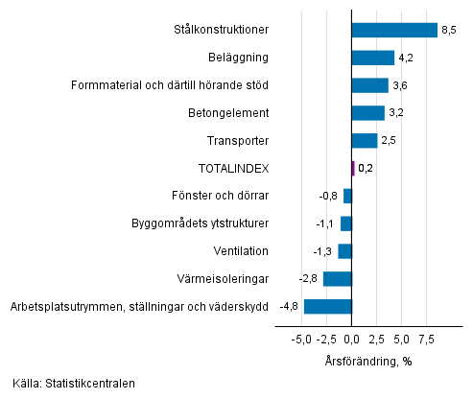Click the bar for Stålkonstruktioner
(x=394, y=30)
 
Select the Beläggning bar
(x=373, y=58)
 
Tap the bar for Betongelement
(x=368, y=113)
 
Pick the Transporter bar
(x=365, y=141)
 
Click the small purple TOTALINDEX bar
(x=353, y=168)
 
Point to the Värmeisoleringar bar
(x=338, y=279)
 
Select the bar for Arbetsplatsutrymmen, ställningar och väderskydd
(x=328, y=307)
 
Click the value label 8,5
(x=448, y=31)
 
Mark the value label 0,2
(x=366, y=169)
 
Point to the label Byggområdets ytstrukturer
(x=200, y=223)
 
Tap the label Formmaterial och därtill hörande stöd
(x=170, y=85)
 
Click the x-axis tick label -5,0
(x=300, y=340)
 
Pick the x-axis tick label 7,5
(x=428, y=340)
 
